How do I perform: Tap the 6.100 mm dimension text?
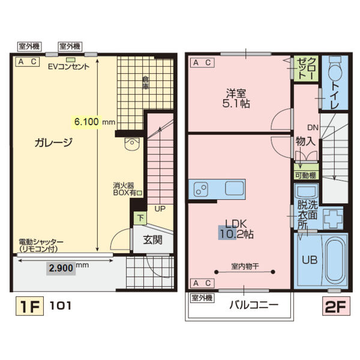94,122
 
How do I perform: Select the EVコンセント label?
69,67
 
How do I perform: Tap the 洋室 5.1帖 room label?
238,99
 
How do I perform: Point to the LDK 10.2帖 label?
236,228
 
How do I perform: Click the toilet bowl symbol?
335,74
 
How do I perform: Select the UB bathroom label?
310,260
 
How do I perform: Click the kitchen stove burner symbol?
201,189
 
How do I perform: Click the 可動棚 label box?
306,175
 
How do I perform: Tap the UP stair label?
160,209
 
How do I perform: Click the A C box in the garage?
27,62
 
